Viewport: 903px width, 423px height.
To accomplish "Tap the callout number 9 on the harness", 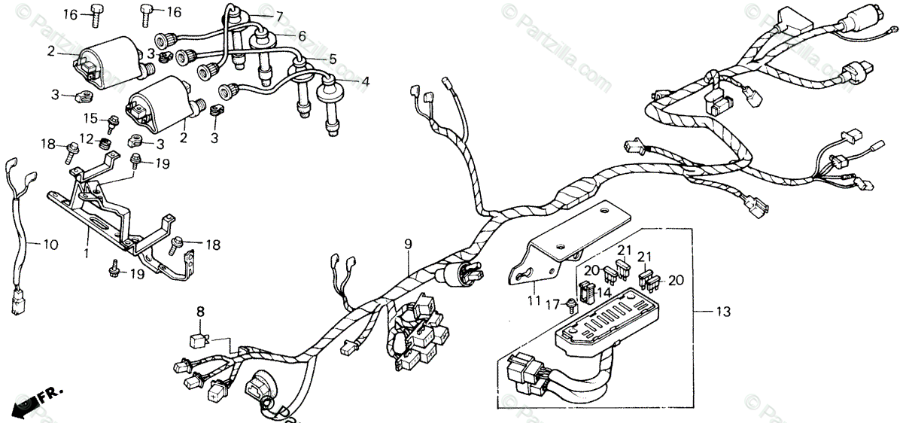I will [x=408, y=244].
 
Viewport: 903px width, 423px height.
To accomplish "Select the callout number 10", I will [x=50, y=245].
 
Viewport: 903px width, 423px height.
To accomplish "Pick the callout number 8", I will [x=200, y=311].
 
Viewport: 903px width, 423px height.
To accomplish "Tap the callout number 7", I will [x=279, y=17].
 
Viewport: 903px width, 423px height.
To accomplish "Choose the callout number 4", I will [x=366, y=81].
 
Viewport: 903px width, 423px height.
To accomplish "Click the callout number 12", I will [x=87, y=138].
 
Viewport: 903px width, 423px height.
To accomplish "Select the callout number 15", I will [x=90, y=118].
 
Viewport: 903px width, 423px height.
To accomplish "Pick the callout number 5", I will [x=332, y=58].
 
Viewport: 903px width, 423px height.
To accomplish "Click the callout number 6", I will [x=302, y=35].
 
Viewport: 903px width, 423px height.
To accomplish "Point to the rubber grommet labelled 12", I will [x=107, y=142].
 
